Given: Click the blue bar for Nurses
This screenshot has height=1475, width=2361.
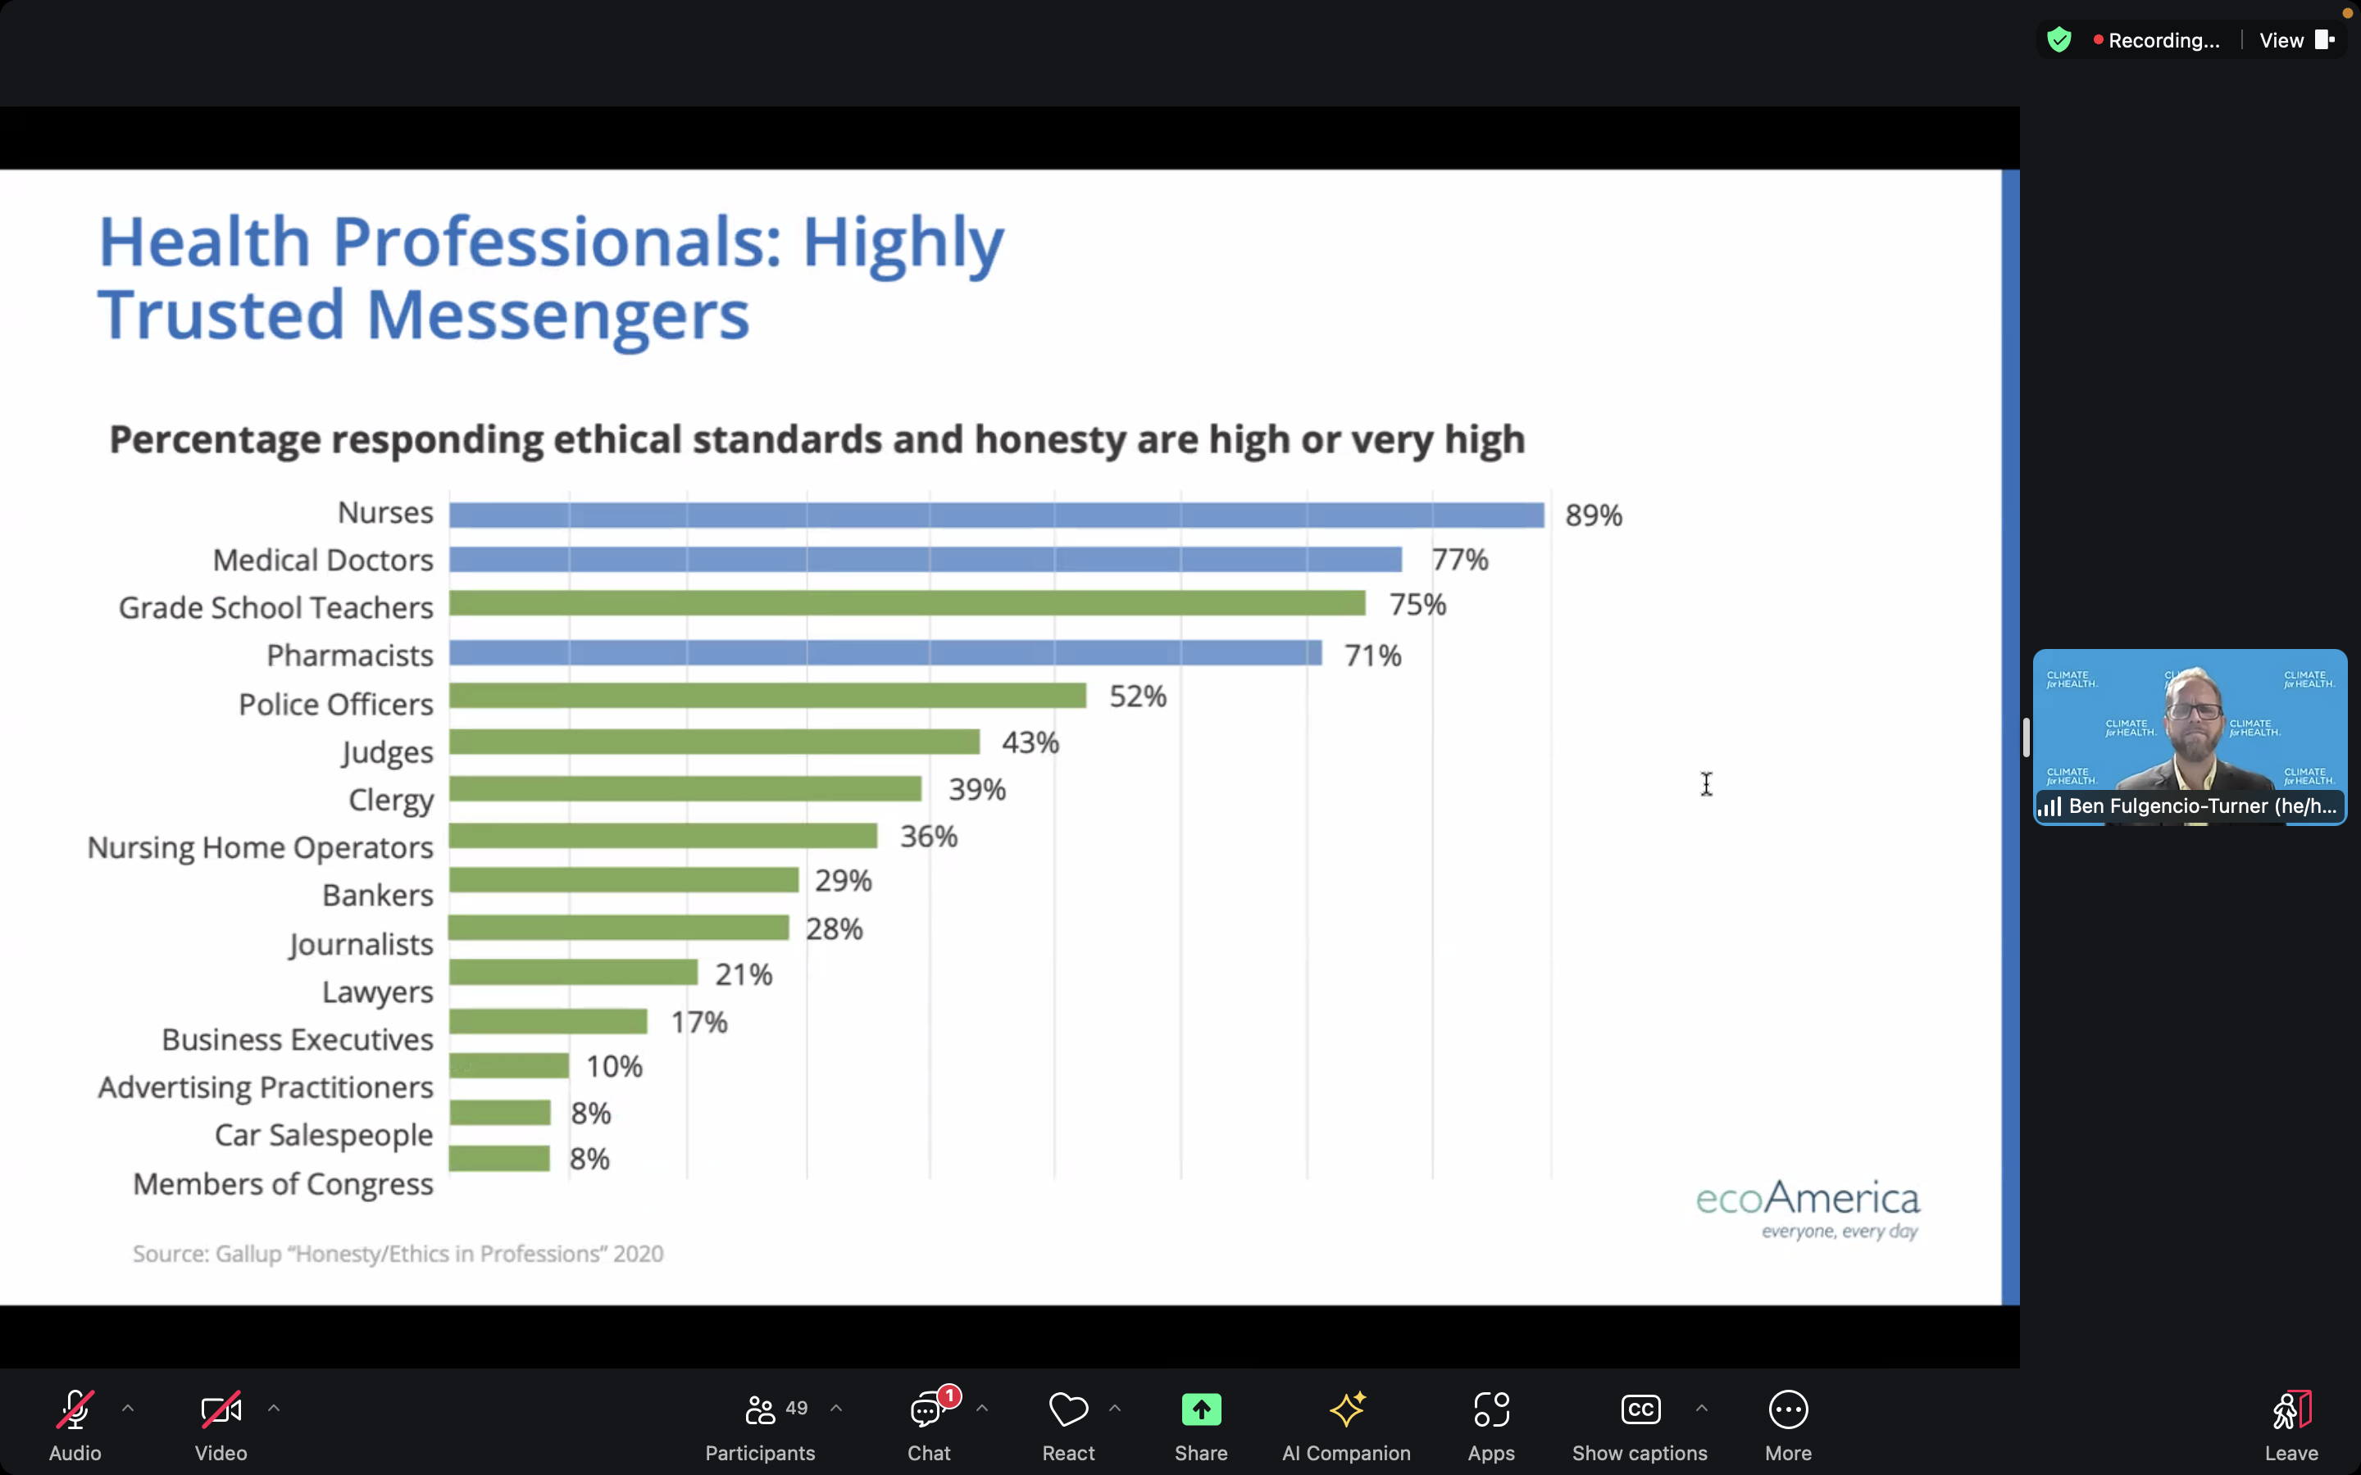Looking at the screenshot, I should (995, 515).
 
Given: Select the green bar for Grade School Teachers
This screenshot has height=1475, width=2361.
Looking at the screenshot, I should (908, 604).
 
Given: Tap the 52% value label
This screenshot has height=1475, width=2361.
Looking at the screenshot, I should (1138, 697).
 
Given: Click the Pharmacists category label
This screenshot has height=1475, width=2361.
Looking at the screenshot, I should (349, 656).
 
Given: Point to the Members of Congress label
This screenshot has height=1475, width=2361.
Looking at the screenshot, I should (283, 1183).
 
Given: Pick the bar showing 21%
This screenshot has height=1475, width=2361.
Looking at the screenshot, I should (574, 973).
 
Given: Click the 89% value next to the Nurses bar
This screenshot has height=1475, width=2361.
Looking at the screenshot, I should (1593, 515).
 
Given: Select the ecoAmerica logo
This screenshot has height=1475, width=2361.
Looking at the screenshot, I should (1808, 1208).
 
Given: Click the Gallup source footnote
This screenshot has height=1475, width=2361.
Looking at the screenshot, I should (398, 1254).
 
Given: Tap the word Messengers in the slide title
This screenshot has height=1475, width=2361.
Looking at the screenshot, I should (558, 315).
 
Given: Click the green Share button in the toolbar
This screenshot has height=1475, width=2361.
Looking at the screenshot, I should (1201, 1409).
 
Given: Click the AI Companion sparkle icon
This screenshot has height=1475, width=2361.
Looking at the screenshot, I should (1346, 1409).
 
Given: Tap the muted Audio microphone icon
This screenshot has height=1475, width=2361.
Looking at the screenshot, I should (75, 1409).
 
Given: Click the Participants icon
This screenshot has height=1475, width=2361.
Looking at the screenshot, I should (760, 1409).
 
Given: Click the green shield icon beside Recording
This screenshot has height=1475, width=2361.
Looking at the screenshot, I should (2058, 40).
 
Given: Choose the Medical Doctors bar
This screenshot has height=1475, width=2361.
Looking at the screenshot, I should (925, 560).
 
